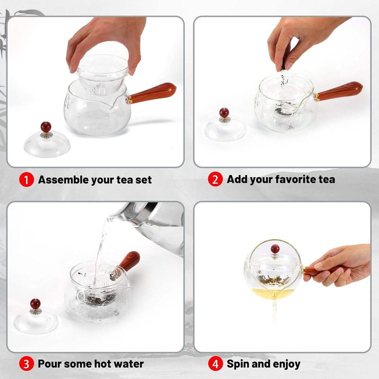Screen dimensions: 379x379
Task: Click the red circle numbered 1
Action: pyautogui.click(x=27, y=180)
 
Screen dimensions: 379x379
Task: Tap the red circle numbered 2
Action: pyautogui.click(x=215, y=179)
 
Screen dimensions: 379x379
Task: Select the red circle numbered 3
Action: pyautogui.click(x=27, y=364)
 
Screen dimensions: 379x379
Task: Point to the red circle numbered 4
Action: pyautogui.click(x=215, y=364)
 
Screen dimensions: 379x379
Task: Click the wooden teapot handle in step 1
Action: pyautogui.click(x=152, y=93)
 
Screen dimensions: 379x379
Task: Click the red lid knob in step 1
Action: pyautogui.click(x=46, y=127)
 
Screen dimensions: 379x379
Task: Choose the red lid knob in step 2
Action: pyautogui.click(x=224, y=113)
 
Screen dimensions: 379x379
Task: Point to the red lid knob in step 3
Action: pyautogui.click(x=35, y=304)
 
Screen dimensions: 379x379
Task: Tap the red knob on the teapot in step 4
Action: pyautogui.click(x=275, y=249)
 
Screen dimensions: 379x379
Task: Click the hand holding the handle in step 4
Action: pyautogui.click(x=338, y=265)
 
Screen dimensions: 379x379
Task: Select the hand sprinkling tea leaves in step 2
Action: pyautogui.click(x=302, y=41)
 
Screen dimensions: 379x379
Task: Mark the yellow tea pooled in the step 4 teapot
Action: pyautogui.click(x=273, y=291)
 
